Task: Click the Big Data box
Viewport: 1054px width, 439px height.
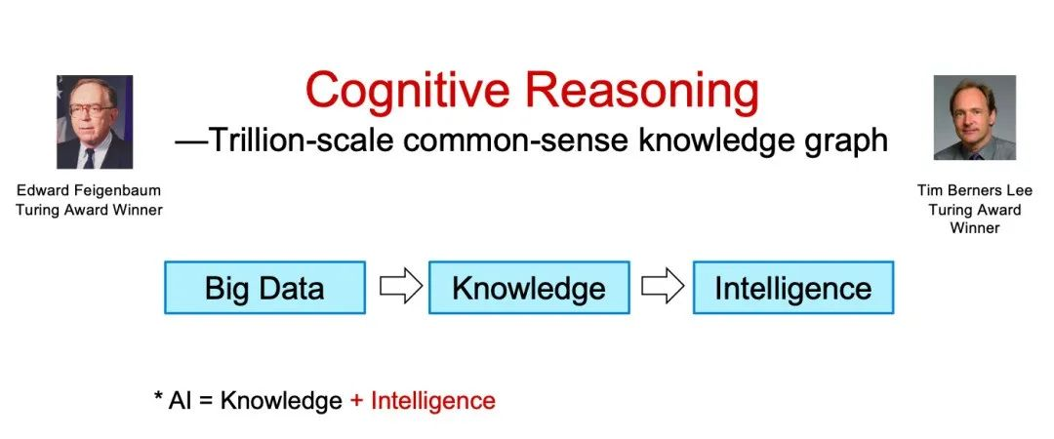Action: click(x=264, y=288)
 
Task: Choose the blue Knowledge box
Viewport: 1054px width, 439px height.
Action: click(x=529, y=288)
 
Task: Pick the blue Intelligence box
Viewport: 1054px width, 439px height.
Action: click(x=793, y=288)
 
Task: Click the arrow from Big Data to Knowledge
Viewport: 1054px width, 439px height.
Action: click(x=401, y=287)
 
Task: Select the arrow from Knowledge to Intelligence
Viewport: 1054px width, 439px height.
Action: click(x=662, y=287)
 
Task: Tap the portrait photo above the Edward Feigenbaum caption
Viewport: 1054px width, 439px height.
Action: click(x=95, y=122)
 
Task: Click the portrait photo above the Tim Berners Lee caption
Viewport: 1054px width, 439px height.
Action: click(x=975, y=118)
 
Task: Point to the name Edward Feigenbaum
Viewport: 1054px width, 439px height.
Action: click(x=89, y=190)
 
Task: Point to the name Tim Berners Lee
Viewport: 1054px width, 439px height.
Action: click(x=975, y=190)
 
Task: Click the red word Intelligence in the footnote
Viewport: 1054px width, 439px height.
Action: click(x=433, y=401)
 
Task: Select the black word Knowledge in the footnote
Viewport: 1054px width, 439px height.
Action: click(x=281, y=401)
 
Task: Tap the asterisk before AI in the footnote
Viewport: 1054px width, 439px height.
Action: click(x=158, y=396)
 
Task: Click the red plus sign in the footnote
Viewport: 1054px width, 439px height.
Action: click(x=356, y=401)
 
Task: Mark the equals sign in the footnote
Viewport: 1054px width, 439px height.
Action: click(x=206, y=401)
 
